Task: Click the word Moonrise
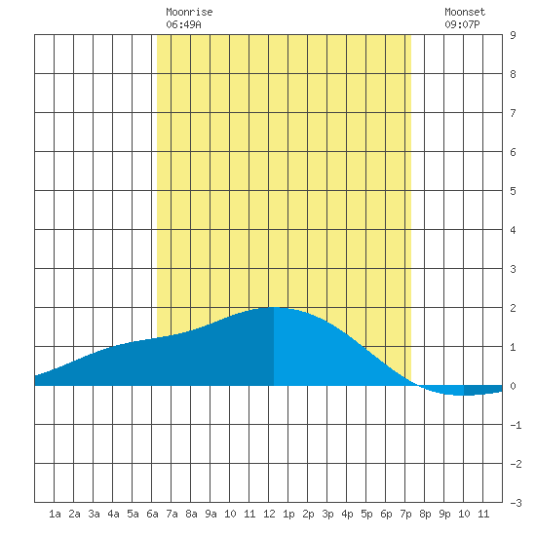tap(189, 12)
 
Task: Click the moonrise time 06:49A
tap(183, 24)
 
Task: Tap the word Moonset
tap(465, 12)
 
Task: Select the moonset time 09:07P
tap(462, 24)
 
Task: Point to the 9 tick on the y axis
tap(513, 35)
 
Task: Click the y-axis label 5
tap(513, 191)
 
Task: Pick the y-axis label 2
tap(513, 308)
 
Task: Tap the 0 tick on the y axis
tap(513, 386)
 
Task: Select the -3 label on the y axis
tap(516, 503)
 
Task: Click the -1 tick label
tap(516, 425)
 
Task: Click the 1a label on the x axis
tap(55, 514)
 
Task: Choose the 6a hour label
tap(152, 514)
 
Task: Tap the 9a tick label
tap(211, 514)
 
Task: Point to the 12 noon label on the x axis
tap(269, 514)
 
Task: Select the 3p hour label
tap(327, 514)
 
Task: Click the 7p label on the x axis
tap(405, 514)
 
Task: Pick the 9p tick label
tap(444, 514)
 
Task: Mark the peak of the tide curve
tap(274, 307)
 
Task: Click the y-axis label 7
tap(513, 113)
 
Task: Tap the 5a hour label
tap(133, 514)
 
